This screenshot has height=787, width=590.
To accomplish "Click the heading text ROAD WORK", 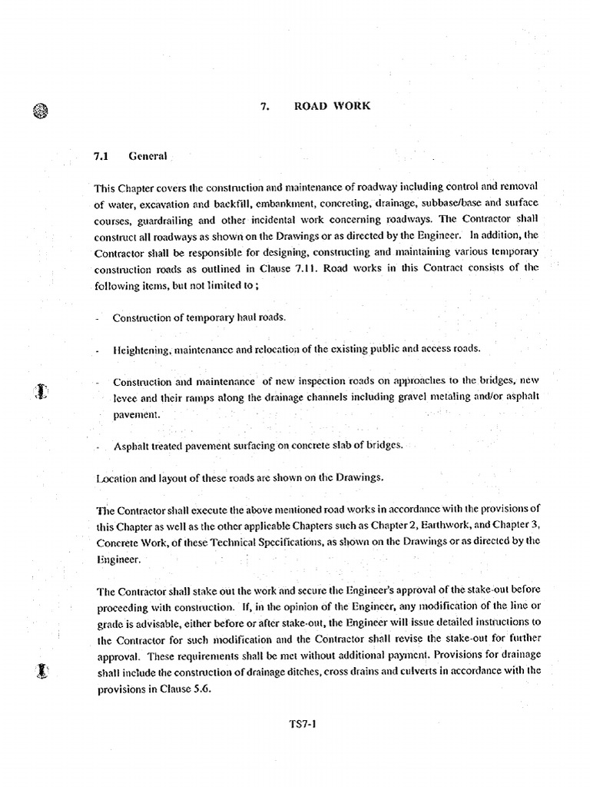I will (332, 106).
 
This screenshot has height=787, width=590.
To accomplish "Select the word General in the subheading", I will (148, 156).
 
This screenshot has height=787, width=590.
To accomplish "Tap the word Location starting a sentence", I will (115, 478).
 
